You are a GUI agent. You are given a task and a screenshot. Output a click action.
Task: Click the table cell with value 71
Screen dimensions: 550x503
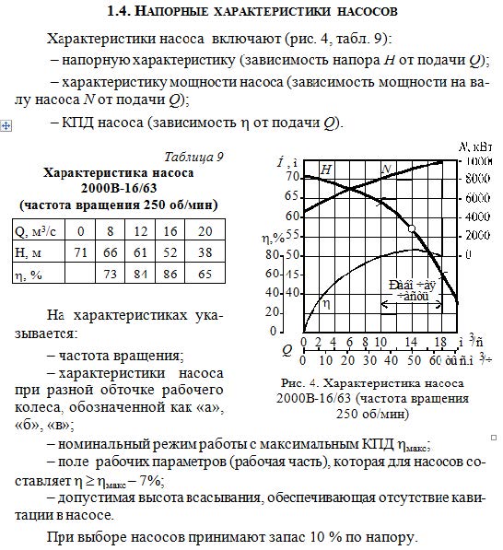[x=81, y=252]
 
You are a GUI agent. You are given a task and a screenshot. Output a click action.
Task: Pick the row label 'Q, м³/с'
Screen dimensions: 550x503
[x=36, y=231]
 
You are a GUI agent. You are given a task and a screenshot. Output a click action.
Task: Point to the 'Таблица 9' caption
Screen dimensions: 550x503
[x=193, y=157]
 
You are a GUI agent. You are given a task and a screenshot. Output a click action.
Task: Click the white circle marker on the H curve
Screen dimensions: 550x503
[x=411, y=228]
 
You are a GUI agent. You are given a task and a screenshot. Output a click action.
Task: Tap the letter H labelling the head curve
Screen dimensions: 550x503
[x=326, y=170]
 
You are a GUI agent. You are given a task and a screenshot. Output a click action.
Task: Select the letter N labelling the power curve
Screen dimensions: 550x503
[x=388, y=168]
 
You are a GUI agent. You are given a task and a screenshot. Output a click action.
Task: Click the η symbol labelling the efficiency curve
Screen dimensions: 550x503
[x=324, y=301]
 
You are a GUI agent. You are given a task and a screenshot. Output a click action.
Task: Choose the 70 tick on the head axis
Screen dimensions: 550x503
[x=292, y=176]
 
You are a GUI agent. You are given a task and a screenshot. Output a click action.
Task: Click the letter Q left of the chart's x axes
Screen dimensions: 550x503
[x=287, y=349]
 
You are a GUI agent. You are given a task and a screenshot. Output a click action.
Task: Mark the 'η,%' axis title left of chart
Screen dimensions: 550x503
[x=275, y=238]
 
